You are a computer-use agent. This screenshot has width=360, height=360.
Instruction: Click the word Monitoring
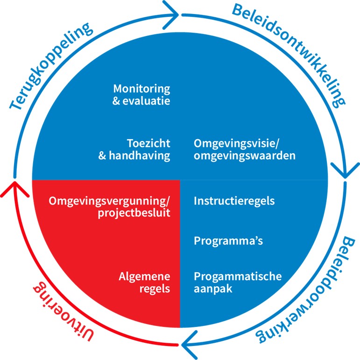click(x=141, y=88)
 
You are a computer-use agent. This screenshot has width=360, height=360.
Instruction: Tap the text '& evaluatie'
click(x=141, y=100)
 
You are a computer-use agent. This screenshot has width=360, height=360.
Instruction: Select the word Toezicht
click(x=148, y=143)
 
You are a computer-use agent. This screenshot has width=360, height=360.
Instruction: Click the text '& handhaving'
click(x=134, y=155)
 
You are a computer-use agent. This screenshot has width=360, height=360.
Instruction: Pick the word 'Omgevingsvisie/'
click(x=229, y=143)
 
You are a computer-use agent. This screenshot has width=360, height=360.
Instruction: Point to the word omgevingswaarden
click(x=245, y=155)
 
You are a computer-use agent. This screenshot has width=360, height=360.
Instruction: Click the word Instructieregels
click(x=234, y=201)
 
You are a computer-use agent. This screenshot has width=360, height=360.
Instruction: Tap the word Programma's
click(x=222, y=241)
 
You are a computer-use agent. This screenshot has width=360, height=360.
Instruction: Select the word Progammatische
click(x=238, y=276)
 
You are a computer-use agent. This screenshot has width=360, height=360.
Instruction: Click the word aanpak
click(x=213, y=288)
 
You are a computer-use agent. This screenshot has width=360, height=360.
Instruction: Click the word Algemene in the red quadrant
click(x=145, y=276)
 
